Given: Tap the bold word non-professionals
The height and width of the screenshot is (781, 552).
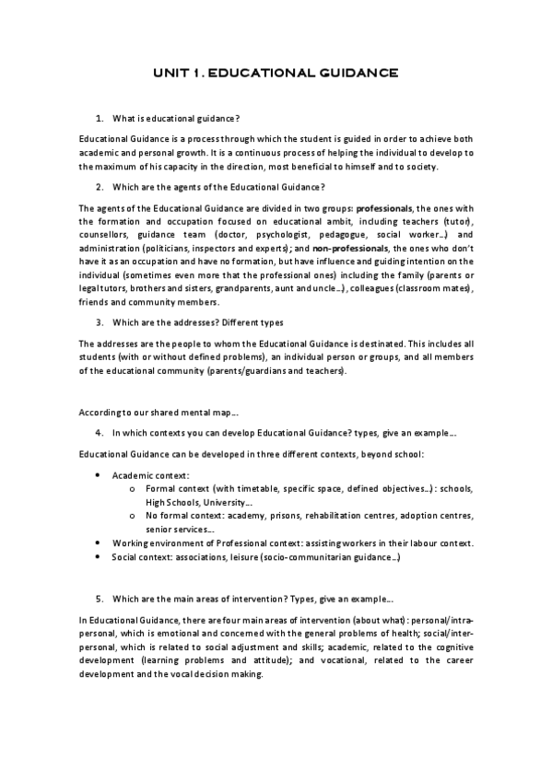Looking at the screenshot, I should pos(351,249).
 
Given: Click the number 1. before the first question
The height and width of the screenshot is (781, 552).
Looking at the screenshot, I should pos(100,119).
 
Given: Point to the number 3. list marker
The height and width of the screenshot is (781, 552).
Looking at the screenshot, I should pos(100,322).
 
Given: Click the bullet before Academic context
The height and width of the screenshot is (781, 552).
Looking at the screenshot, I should pos(100,475).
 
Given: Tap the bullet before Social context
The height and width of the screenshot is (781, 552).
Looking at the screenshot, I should pos(100,557).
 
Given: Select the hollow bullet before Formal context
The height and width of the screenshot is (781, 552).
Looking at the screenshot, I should pos(134,489).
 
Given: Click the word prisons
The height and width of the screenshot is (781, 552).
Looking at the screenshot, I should pos(259,516).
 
